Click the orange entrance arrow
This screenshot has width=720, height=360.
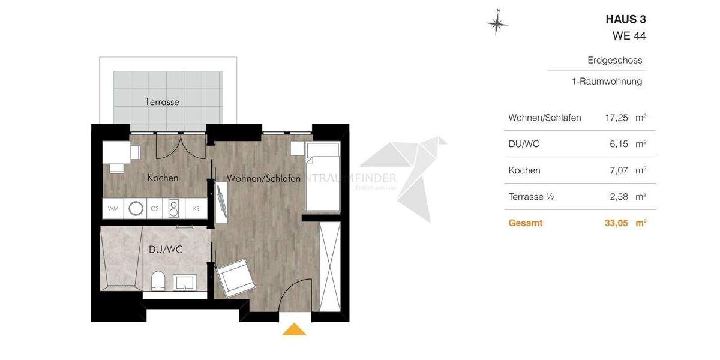point(294,329)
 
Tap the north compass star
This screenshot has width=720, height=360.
point(497,23)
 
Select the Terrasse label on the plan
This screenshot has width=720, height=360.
point(162,102)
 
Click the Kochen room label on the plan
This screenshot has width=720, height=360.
point(163,178)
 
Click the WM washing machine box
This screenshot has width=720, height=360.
point(113,209)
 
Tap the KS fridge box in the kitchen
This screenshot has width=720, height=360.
point(196,209)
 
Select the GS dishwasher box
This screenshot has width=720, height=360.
point(155,209)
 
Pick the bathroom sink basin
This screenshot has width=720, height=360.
point(185,282)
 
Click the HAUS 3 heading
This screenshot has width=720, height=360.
point(626,19)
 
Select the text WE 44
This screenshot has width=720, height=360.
point(629,36)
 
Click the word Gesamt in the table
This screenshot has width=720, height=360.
point(525,223)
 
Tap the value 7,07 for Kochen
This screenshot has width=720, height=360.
point(617,170)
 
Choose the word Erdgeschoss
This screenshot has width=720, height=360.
point(615,61)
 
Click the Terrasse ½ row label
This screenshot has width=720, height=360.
point(530,197)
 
